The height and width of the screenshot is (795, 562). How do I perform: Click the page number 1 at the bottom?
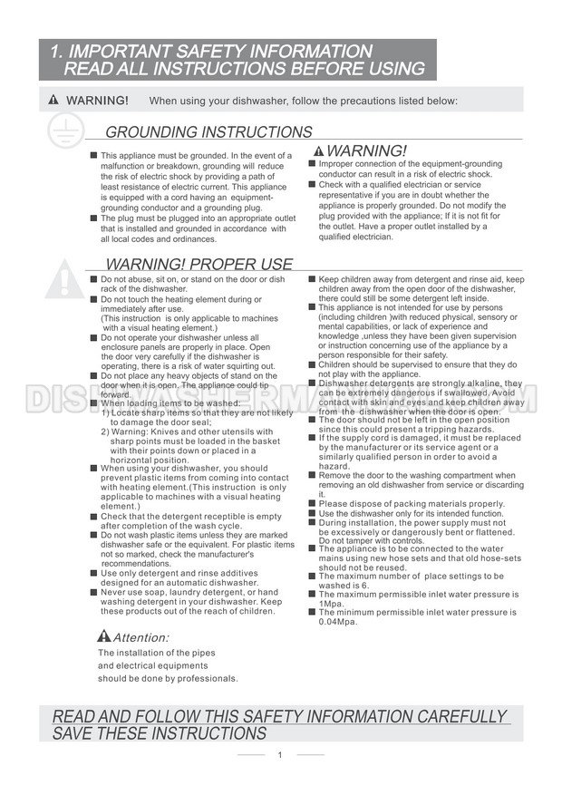(x=280, y=755)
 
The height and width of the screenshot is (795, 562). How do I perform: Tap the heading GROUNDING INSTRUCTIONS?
(x=208, y=132)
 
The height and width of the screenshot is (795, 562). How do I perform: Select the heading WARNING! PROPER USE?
(x=199, y=265)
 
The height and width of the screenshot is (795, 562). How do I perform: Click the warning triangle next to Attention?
(x=103, y=636)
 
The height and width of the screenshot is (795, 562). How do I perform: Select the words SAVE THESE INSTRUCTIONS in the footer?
(x=160, y=733)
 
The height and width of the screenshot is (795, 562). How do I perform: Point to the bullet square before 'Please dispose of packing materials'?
(x=312, y=503)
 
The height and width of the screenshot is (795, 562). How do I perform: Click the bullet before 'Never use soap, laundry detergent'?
(x=93, y=592)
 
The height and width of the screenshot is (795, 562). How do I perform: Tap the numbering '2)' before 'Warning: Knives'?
(x=106, y=431)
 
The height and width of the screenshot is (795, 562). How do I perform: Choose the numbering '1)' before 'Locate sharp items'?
(x=106, y=412)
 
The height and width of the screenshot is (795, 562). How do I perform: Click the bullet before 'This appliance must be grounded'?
(x=93, y=156)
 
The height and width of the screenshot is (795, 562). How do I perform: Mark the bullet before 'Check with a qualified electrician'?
(x=312, y=184)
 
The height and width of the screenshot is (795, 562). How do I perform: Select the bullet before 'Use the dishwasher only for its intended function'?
(x=312, y=513)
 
